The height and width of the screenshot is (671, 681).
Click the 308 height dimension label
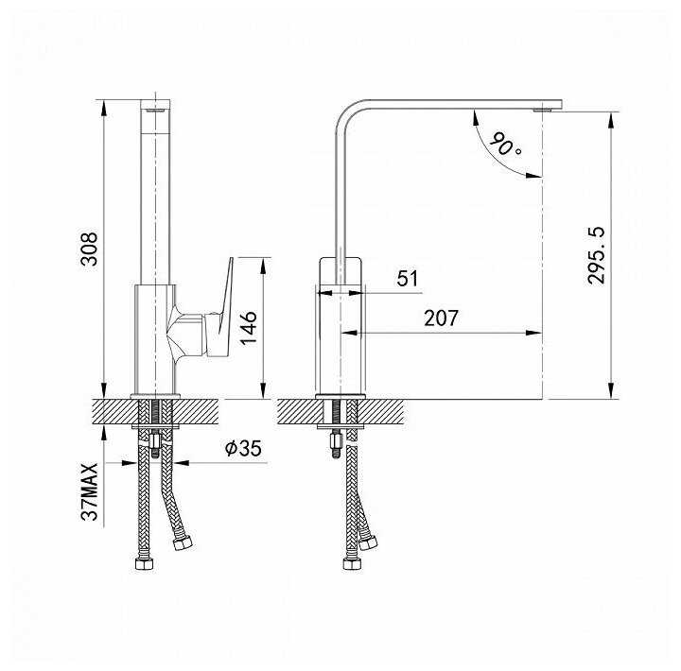click(x=90, y=249)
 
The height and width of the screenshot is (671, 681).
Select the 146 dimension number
click(x=249, y=328)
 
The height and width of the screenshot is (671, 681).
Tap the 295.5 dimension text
click(x=596, y=255)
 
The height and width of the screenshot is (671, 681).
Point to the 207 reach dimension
click(x=441, y=318)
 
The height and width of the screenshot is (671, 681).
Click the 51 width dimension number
click(x=407, y=278)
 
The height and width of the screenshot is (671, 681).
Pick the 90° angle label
click(x=505, y=144)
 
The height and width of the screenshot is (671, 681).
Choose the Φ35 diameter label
click(x=243, y=448)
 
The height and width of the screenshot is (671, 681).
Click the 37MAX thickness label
click(x=90, y=491)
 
